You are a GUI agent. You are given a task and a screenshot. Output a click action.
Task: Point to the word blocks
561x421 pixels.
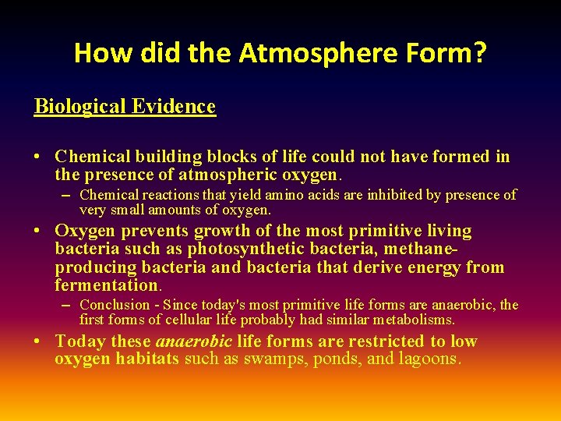pyautogui.click(x=222, y=157)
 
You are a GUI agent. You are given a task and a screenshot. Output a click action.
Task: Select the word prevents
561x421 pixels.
pyautogui.click(x=146, y=231)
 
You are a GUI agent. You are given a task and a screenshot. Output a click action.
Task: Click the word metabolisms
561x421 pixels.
pyautogui.click(x=413, y=320)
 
